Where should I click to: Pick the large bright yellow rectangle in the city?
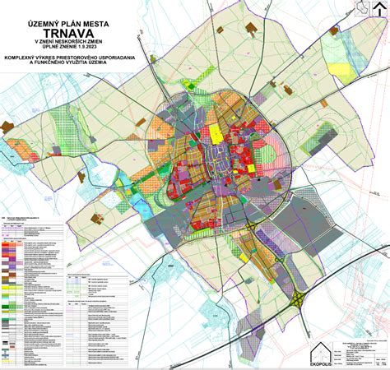[216, 132]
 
